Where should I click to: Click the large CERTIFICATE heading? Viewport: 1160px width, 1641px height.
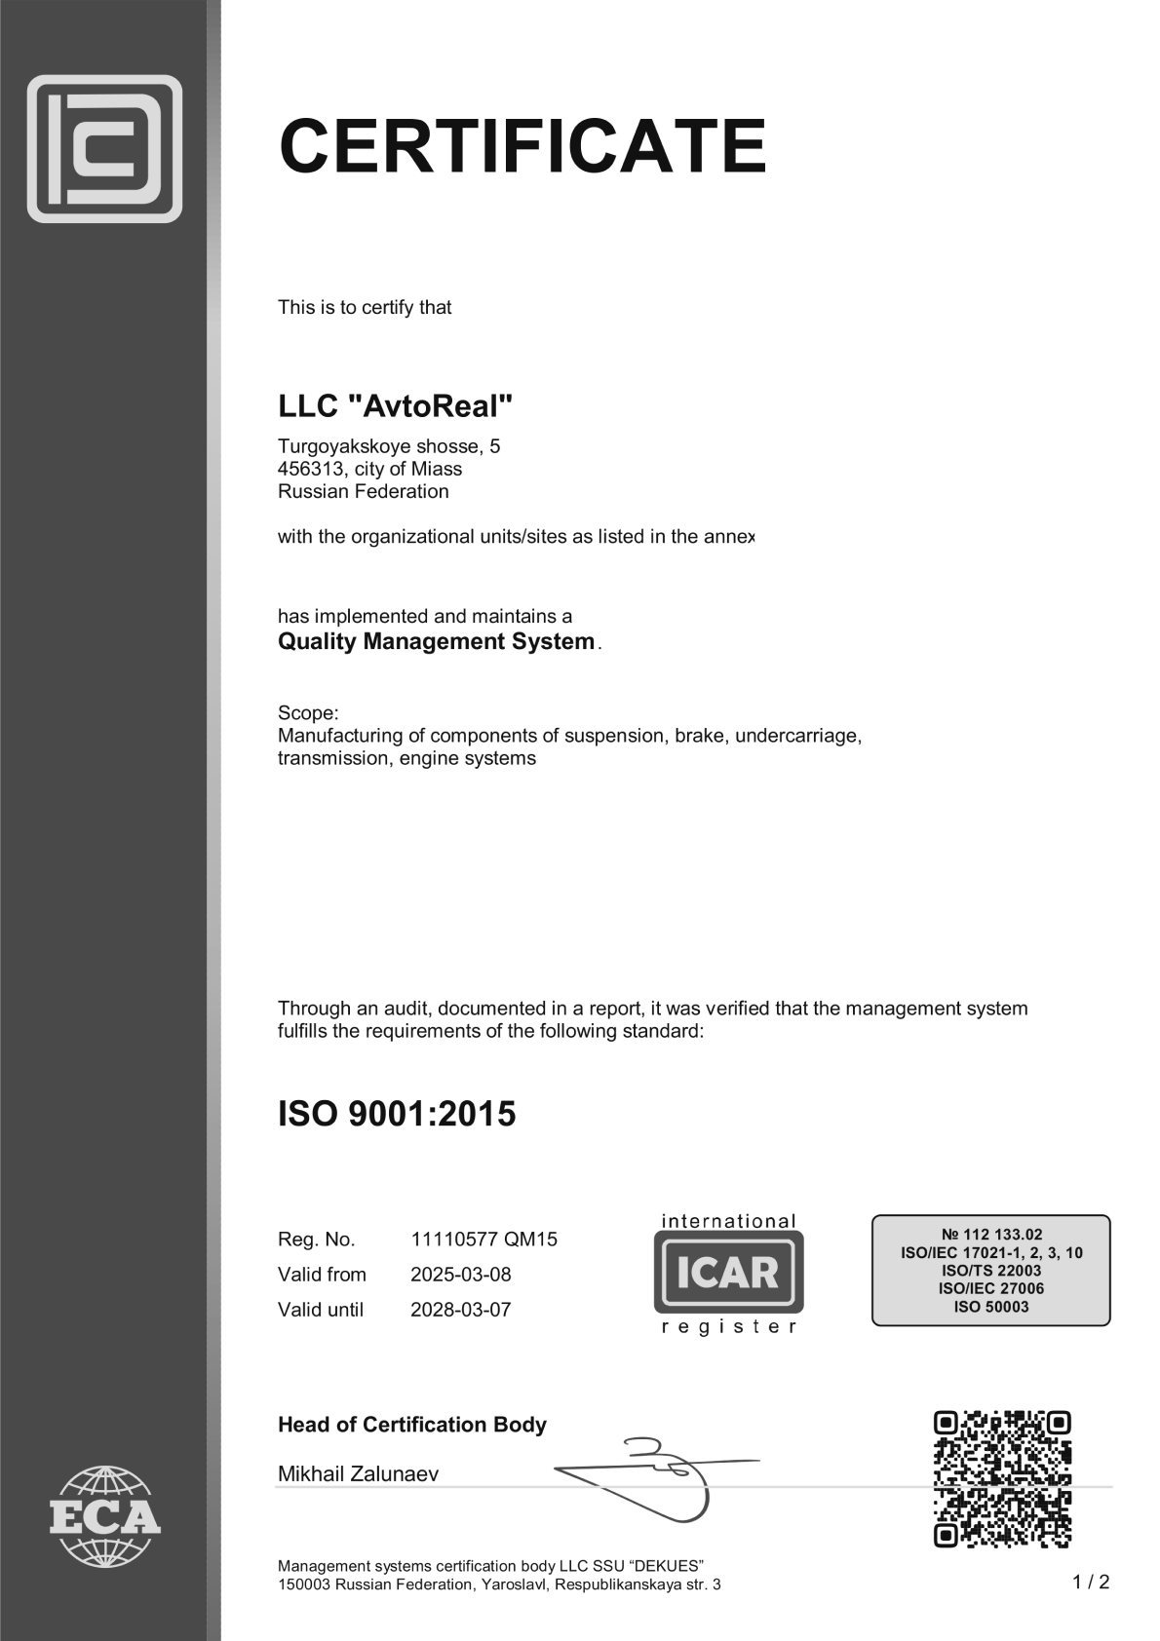[x=522, y=146]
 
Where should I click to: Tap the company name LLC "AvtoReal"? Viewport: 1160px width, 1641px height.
[x=395, y=405]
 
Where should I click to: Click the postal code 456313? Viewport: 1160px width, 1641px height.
[x=310, y=469]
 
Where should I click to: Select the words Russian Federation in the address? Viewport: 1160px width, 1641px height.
[x=363, y=491]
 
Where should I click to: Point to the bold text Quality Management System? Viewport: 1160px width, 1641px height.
[x=436, y=641]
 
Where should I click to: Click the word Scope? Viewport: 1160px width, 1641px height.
[x=306, y=712]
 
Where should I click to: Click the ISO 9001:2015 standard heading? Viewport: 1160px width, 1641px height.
[x=397, y=1114]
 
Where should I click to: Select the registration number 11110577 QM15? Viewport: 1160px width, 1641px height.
[x=483, y=1240]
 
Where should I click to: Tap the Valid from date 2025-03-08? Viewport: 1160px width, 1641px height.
[x=460, y=1275]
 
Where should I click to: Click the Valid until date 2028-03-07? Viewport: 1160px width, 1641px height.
[x=460, y=1310]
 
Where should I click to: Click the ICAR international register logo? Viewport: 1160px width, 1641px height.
[x=728, y=1273]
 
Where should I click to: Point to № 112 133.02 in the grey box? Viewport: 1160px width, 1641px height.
[x=991, y=1234]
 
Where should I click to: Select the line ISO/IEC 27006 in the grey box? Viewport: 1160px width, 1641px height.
[x=991, y=1288]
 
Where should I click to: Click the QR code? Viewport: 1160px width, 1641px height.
[x=1001, y=1478]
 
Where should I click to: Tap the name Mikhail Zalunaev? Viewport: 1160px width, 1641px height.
[x=358, y=1473]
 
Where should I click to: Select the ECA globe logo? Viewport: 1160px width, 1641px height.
[x=104, y=1515]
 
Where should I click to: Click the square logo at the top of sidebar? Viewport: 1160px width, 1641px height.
[x=104, y=148]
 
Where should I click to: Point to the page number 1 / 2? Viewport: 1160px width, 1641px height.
[x=1091, y=1582]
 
